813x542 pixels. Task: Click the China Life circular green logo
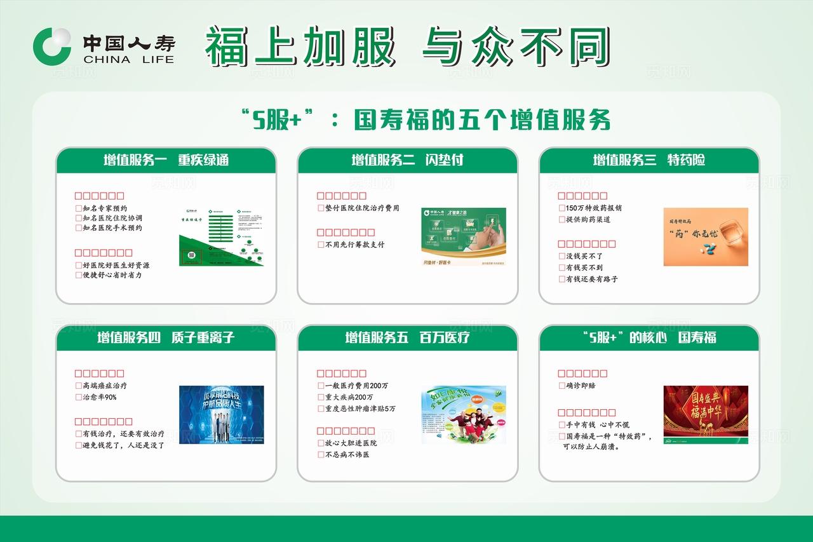click(52, 46)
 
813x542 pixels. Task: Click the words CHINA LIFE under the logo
click(128, 60)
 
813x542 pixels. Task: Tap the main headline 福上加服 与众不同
click(406, 46)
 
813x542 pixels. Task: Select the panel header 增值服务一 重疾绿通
click(166, 160)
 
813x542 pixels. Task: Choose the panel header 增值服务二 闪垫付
click(407, 160)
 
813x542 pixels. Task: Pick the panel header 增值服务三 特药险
click(648, 160)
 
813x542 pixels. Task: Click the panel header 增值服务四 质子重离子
click(166, 337)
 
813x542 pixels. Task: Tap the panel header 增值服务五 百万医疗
click(407, 337)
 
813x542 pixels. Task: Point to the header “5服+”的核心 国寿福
click(648, 337)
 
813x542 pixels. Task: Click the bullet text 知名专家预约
click(105, 208)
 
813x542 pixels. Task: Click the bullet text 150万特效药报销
click(594, 208)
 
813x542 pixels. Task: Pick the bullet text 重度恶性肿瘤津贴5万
click(360, 409)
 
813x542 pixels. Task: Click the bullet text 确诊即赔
click(581, 386)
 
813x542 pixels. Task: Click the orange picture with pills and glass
click(706, 236)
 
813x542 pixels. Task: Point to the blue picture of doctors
click(221, 414)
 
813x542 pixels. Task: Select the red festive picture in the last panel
click(706, 414)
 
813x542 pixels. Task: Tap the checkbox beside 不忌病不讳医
click(321, 455)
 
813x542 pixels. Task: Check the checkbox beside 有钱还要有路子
click(561, 279)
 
